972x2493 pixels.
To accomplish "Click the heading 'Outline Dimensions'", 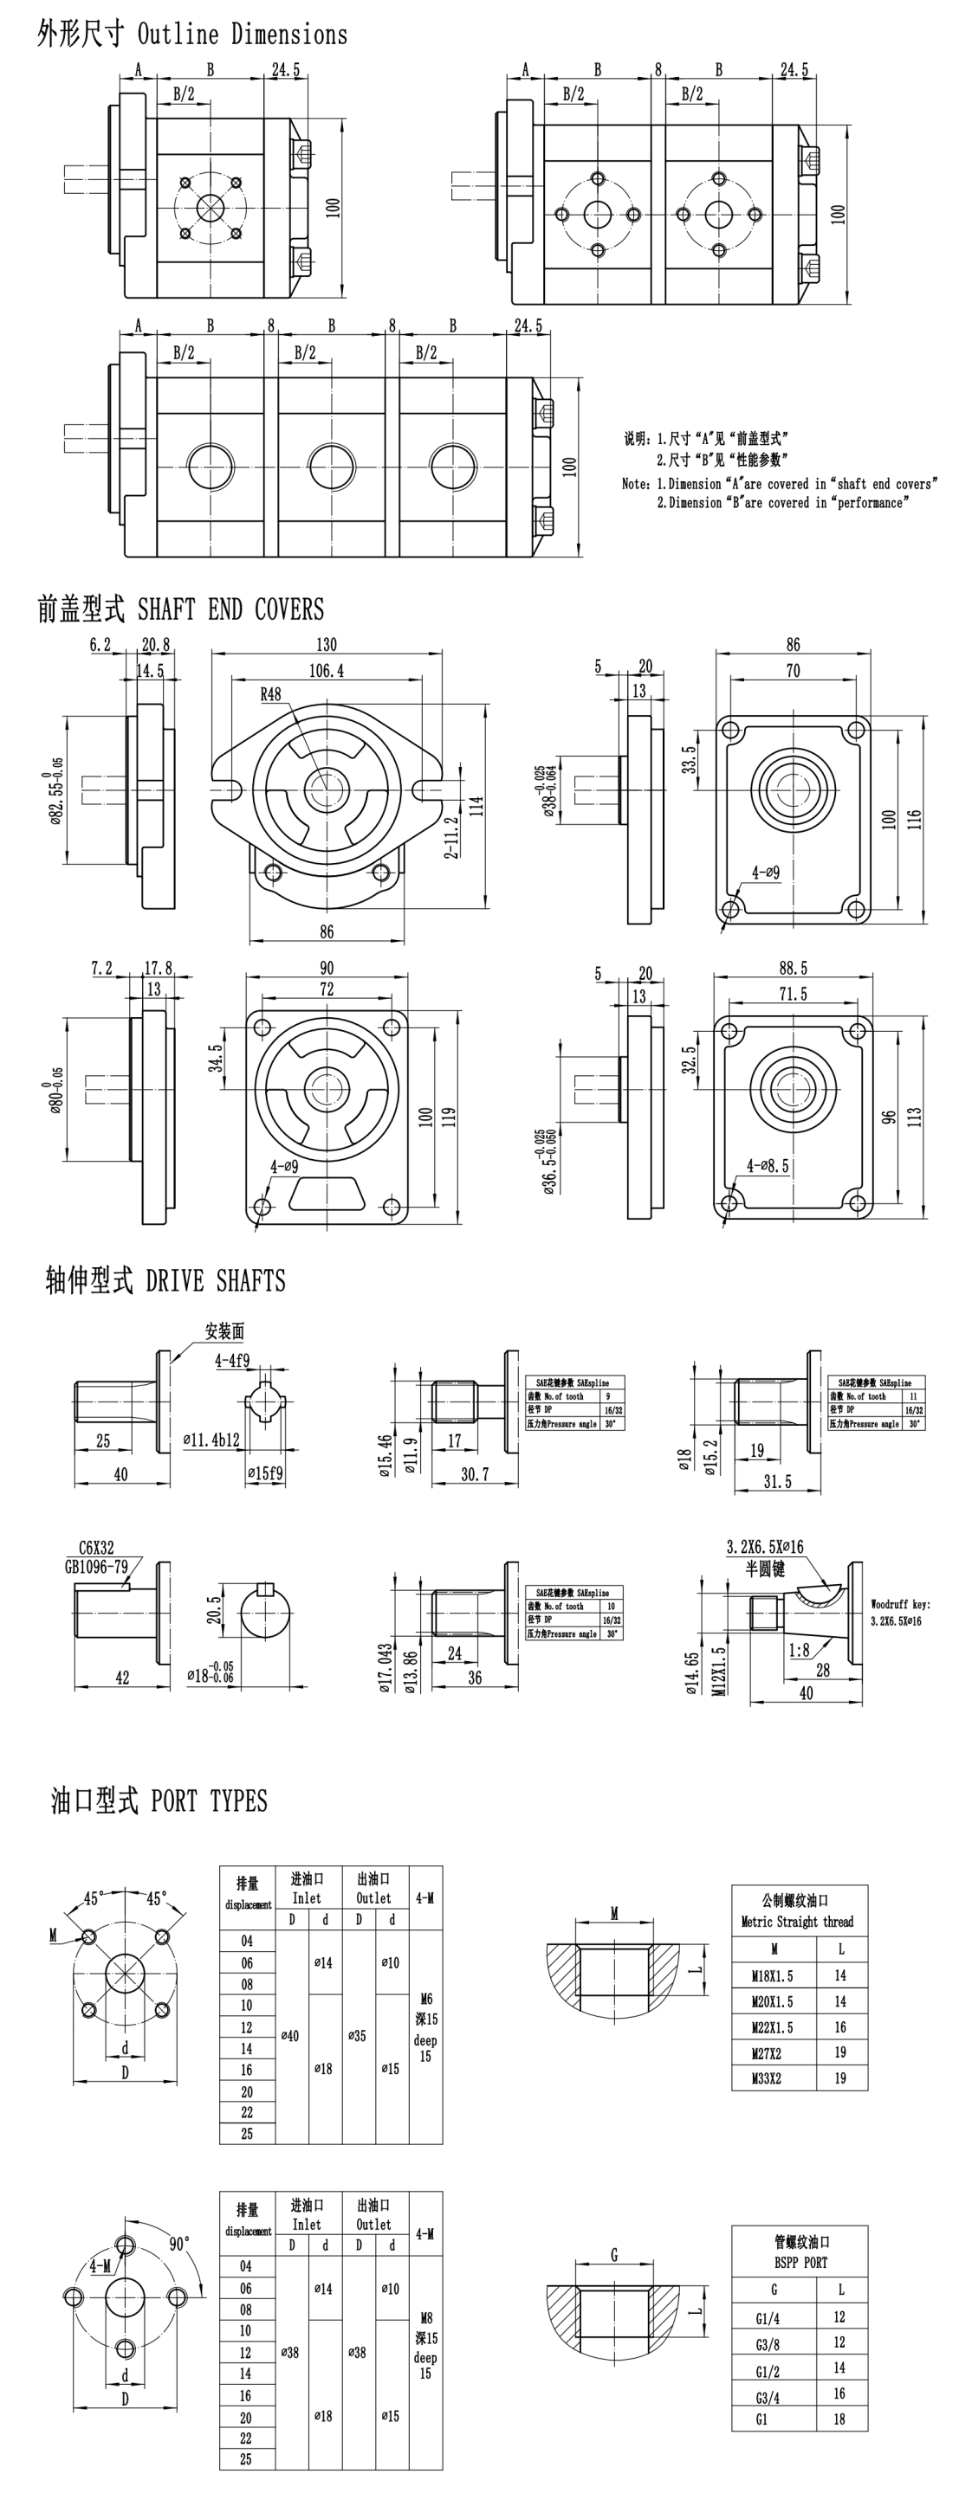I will coord(242,35).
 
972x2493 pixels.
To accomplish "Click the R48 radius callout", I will coord(270,694).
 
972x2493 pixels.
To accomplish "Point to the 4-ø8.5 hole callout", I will coord(767,1166).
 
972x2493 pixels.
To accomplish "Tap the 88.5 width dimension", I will coord(792,968).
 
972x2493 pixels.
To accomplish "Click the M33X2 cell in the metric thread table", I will coord(772,2077).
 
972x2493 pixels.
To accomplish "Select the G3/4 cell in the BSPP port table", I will coord(767,2397).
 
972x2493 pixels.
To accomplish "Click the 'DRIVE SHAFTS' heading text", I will coord(215,1281).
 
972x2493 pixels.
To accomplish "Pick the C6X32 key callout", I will coord(96,1548).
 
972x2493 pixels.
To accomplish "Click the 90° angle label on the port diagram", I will coord(180,2244).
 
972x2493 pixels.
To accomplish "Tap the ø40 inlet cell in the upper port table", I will coord(290,2035).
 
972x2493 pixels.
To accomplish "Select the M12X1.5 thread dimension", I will coord(718,1671).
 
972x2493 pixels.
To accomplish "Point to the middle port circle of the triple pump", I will coord(331,466).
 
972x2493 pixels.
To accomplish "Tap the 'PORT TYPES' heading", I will coord(208,1801).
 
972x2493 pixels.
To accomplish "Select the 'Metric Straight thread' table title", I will coord(799,1922).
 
